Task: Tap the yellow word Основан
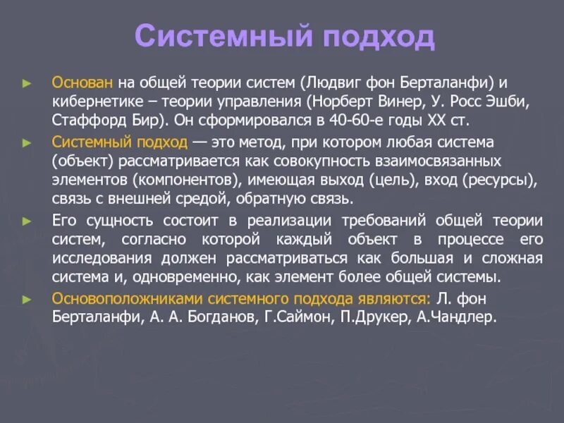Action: pyautogui.click(x=82, y=82)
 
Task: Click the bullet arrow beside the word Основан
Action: pyautogui.click(x=27, y=82)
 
